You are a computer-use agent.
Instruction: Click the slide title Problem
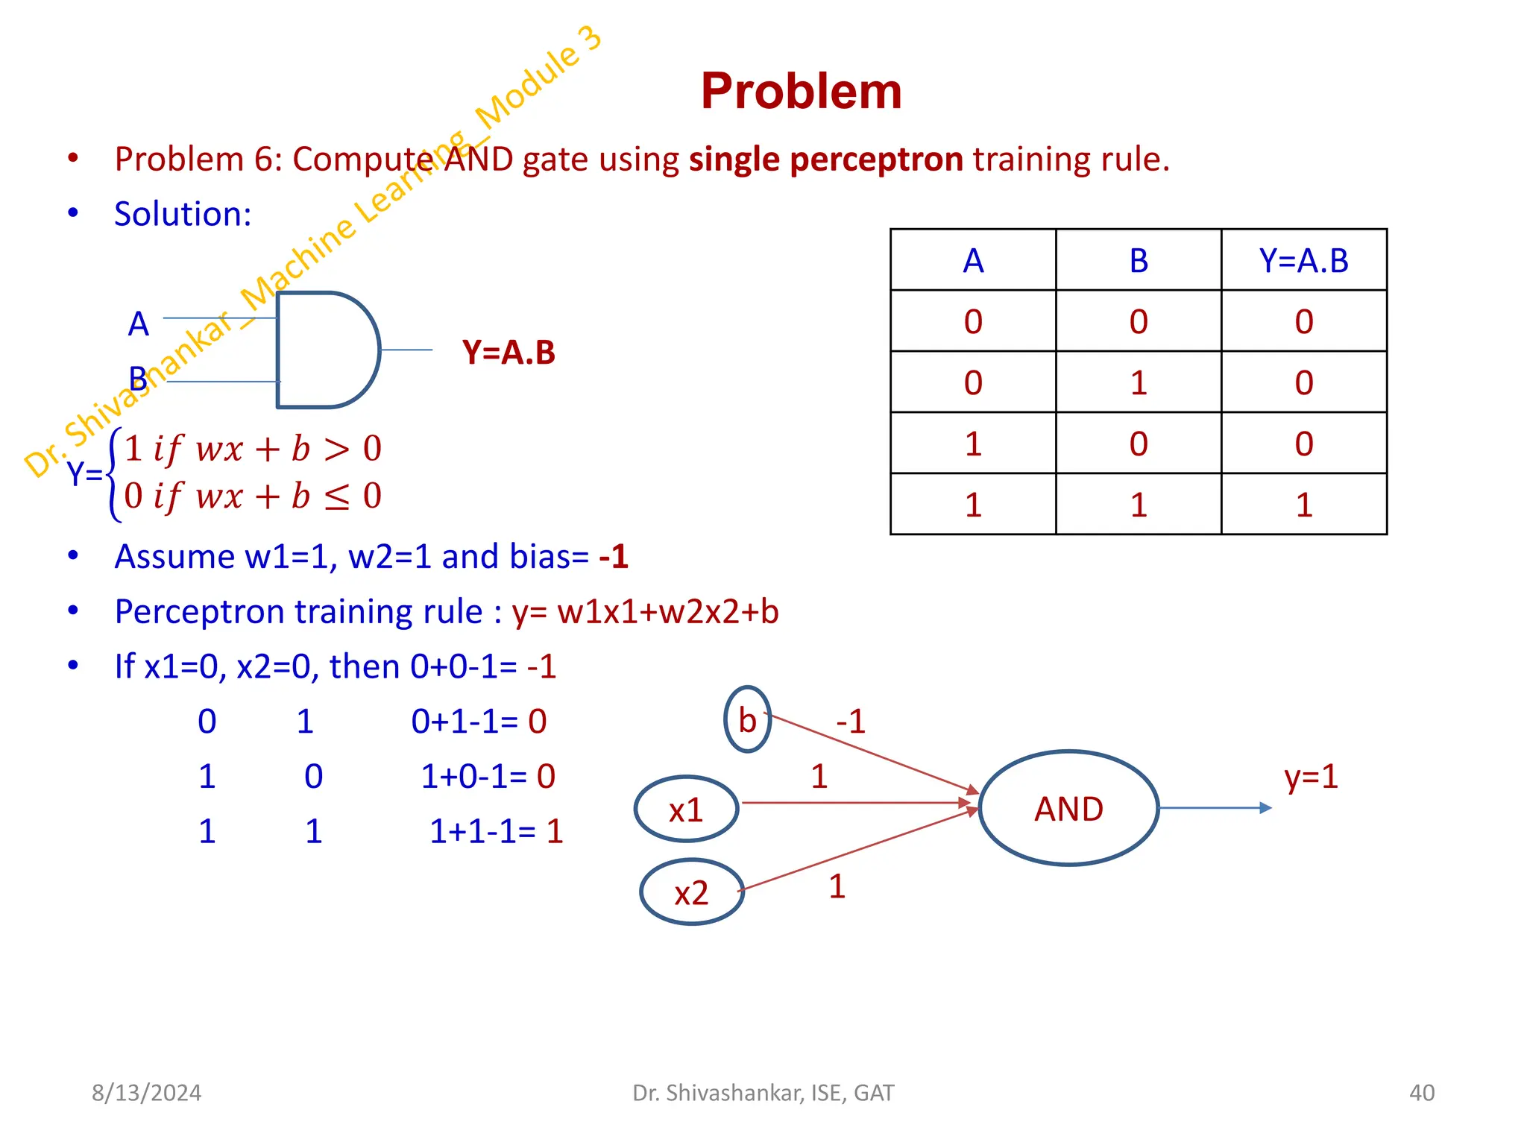[801, 92]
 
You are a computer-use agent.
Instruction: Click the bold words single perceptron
[825, 160]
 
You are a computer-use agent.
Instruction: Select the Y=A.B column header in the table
[1303, 261]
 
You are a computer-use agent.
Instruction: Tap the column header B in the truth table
[1138, 261]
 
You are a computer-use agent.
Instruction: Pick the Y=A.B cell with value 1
[1303, 505]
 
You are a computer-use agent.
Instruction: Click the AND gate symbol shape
[327, 350]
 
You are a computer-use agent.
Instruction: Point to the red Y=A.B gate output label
[509, 353]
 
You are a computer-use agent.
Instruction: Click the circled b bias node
[747, 720]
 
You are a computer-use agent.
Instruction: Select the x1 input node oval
[686, 810]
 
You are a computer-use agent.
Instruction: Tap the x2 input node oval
[691, 892]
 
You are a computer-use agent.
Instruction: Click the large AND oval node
[1068, 809]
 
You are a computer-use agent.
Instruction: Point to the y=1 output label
[1311, 777]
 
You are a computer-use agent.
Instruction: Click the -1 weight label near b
[851, 721]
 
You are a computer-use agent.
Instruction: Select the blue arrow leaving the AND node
[1215, 808]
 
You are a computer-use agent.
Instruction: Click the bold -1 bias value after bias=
[614, 557]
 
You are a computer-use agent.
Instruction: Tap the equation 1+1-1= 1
[496, 831]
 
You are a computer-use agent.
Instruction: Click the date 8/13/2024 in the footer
[146, 1093]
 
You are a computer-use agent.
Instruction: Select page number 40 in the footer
[1421, 1093]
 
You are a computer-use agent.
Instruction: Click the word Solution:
[183, 214]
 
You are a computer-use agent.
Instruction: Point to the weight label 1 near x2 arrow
[837, 886]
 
